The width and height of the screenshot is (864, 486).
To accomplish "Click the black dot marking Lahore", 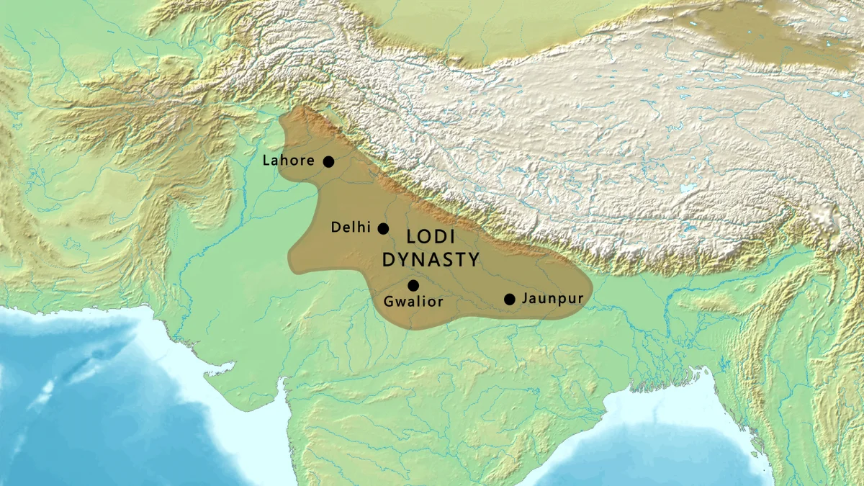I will (328, 161).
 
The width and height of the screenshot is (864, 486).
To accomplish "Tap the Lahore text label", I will (288, 161).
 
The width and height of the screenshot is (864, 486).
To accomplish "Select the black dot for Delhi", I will (383, 228).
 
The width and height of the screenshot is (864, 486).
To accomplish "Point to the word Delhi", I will (351, 228).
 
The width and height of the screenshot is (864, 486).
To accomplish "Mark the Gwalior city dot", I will (413, 285).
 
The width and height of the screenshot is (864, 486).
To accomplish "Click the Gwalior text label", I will (413, 302).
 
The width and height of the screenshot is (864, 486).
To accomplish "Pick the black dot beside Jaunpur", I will (510, 299).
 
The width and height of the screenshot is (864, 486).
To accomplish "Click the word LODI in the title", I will (431, 238).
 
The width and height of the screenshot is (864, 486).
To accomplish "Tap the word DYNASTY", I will (431, 260).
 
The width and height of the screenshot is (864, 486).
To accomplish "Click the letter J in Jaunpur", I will (526, 298).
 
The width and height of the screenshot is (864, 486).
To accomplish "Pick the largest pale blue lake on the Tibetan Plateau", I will (689, 189).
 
